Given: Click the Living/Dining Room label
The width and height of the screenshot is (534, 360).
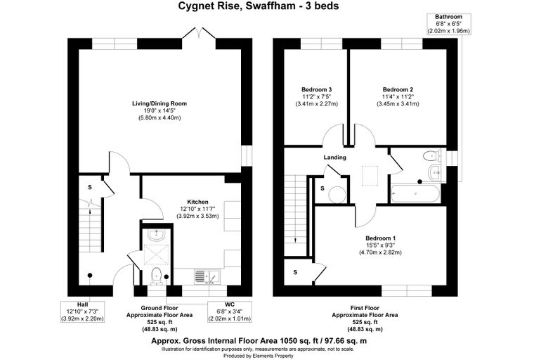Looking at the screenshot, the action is [x=159, y=103].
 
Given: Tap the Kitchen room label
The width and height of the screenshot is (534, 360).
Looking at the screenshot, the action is [x=197, y=202].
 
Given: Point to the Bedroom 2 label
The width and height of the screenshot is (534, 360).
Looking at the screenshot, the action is [x=398, y=90].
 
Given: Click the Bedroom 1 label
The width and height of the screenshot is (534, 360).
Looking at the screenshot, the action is [x=380, y=238].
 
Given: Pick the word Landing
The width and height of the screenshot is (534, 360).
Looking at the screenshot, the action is [x=334, y=157].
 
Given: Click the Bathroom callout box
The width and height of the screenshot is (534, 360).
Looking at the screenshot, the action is [x=448, y=24].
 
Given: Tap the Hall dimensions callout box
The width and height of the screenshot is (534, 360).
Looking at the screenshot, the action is [x=82, y=311].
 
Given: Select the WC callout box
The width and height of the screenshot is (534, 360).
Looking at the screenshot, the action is [x=230, y=311].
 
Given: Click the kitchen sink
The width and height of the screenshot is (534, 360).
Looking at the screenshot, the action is [x=207, y=277].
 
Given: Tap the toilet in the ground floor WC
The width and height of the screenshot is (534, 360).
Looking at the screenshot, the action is [x=156, y=276].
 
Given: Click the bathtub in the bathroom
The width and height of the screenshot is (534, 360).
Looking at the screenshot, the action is [x=415, y=193].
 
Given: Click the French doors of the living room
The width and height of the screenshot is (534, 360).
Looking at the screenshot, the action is [x=199, y=33].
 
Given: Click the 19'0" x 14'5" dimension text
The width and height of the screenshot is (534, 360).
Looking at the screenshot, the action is [x=159, y=111].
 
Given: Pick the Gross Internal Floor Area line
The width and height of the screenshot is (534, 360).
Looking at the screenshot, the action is [x=259, y=340].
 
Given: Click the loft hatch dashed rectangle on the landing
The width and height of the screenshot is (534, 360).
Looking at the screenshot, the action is [x=370, y=176].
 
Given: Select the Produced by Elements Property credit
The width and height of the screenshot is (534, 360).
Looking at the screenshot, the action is [x=259, y=356].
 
